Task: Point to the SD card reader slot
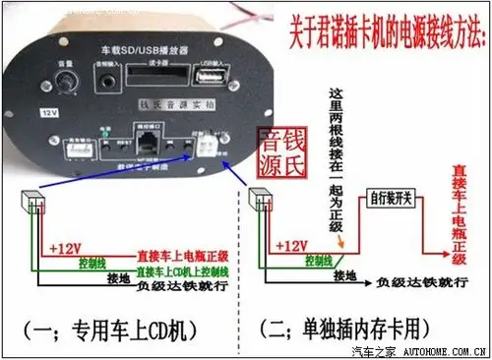(149, 80)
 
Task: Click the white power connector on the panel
(205, 145)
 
